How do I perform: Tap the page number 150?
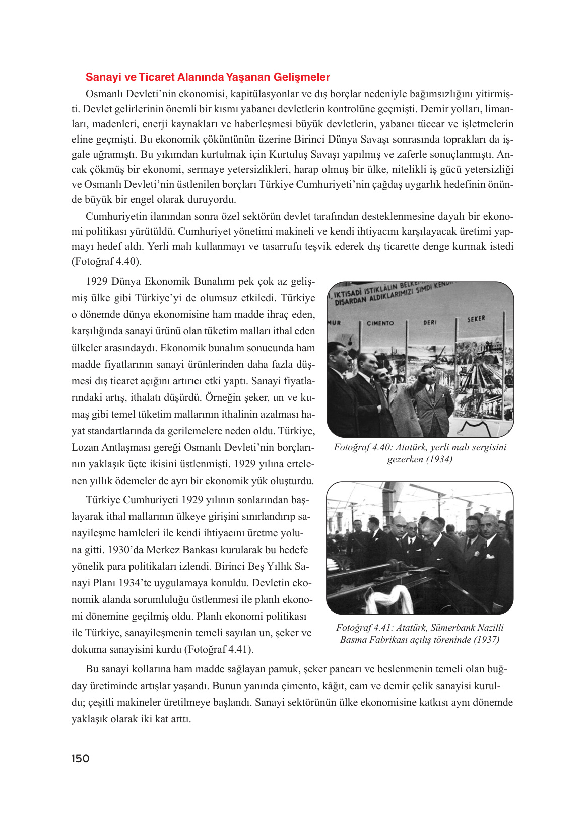(x=80, y=759)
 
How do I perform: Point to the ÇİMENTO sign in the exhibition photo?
(x=380, y=323)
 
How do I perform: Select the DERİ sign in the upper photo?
(x=430, y=322)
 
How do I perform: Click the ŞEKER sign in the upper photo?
(x=476, y=319)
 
